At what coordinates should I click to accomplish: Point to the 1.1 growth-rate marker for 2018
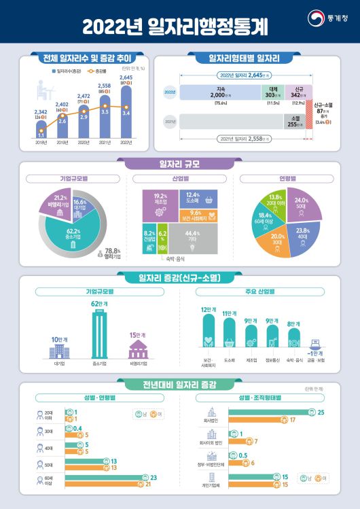point(41,135)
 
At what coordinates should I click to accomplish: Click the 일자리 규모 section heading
point(179,162)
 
